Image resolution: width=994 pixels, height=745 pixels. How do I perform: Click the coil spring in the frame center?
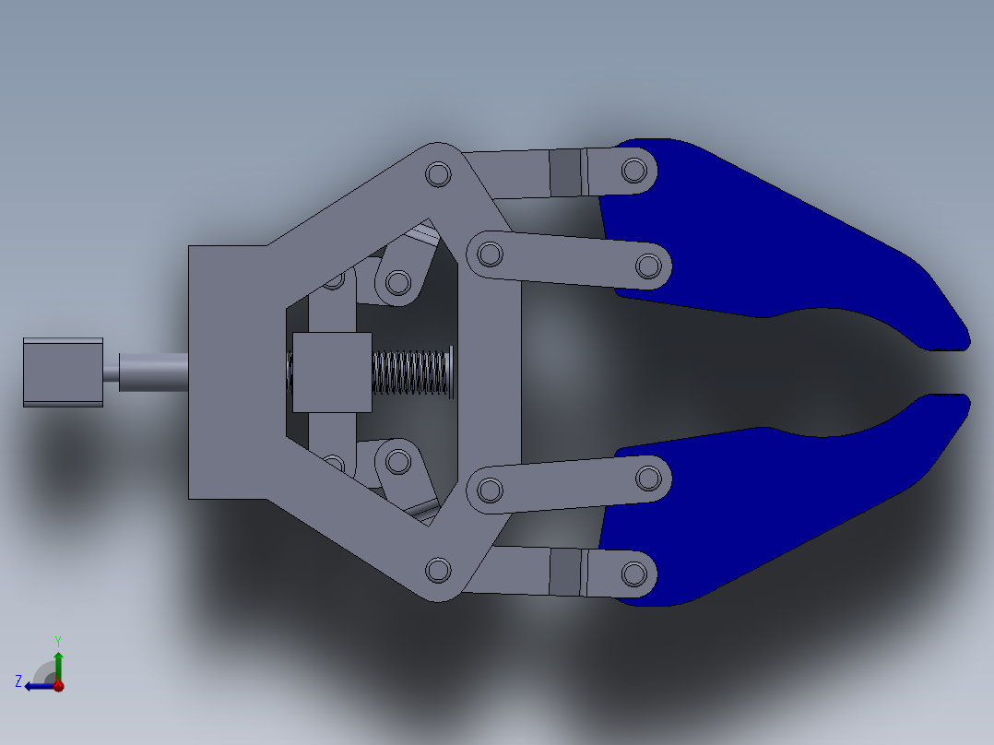click(x=411, y=372)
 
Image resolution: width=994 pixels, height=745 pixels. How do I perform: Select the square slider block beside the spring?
click(x=332, y=372)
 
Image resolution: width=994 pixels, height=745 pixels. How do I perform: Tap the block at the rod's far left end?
click(x=63, y=372)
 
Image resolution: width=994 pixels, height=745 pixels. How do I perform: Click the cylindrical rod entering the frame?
click(x=153, y=372)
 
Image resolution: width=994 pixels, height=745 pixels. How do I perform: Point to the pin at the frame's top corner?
click(x=438, y=174)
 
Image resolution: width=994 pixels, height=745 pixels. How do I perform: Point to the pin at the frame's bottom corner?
click(x=439, y=570)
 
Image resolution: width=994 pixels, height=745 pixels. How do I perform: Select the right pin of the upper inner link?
click(x=649, y=266)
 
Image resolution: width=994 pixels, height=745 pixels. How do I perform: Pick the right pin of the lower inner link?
click(x=649, y=478)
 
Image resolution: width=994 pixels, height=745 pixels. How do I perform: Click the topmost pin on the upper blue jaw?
click(x=633, y=170)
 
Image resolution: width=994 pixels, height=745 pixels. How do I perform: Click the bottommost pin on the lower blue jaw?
click(x=633, y=574)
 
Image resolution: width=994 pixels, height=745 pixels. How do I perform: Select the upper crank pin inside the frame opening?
click(x=398, y=281)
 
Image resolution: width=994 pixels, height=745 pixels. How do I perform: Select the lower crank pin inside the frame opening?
click(x=398, y=460)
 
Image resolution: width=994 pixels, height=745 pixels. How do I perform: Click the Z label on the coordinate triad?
click(x=18, y=681)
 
